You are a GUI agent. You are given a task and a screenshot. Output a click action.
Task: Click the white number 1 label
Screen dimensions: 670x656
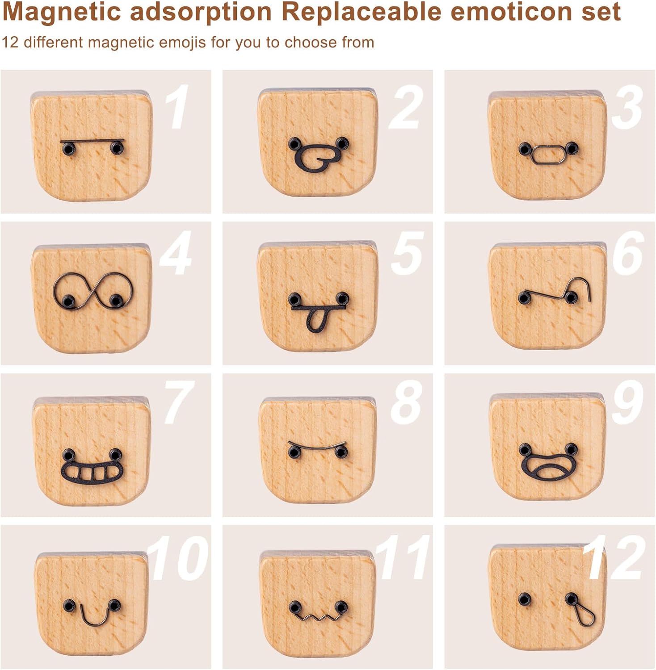(x=177, y=107)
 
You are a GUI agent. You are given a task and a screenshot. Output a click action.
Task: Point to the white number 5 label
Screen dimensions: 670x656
(x=407, y=254)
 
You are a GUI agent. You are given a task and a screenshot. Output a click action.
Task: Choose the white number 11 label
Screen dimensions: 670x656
(x=402, y=558)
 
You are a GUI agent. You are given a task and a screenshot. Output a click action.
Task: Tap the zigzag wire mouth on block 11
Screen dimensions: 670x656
(x=318, y=617)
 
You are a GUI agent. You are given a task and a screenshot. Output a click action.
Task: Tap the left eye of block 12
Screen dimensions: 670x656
(x=525, y=599)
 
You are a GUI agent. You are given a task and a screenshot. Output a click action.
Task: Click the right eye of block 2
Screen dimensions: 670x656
(x=342, y=143)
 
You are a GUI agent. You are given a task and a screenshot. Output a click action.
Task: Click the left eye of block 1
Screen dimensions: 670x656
(x=68, y=149)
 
